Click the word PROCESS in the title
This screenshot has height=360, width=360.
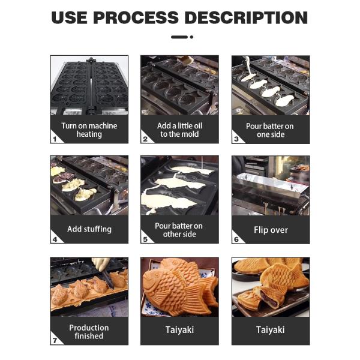tap(136, 17)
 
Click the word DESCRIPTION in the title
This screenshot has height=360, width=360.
tap(246, 17)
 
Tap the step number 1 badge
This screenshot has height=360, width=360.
tap(55, 139)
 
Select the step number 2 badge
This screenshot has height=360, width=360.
tap(145, 139)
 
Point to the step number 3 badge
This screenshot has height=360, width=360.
tap(236, 139)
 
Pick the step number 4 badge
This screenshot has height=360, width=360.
tap(55, 239)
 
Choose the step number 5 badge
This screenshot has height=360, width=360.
tap(145, 239)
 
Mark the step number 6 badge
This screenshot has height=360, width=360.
tap(236, 239)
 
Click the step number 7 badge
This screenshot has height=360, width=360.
tap(55, 340)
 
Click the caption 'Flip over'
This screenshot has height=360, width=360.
tap(271, 230)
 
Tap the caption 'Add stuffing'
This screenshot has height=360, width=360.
tap(89, 229)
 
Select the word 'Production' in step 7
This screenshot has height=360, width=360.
tap(89, 328)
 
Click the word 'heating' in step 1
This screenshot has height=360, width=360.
tap(89, 134)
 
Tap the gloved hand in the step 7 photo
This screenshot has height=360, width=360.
tap(101, 263)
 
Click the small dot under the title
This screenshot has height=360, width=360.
tap(191, 37)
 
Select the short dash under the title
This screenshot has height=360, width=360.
tap(179, 37)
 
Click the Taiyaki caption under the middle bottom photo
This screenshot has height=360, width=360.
tap(179, 330)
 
